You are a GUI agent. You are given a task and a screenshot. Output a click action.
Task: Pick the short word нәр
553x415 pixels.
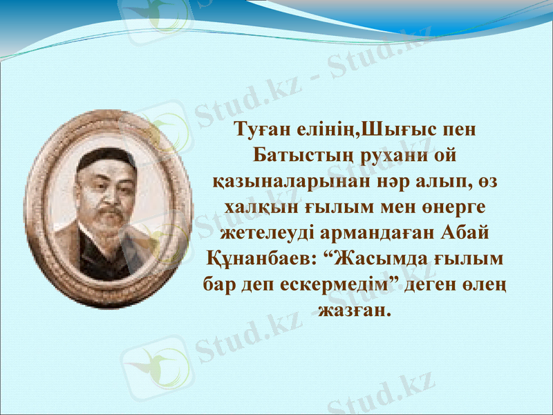tap(377, 181)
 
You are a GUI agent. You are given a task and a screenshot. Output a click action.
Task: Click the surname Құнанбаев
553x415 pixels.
tap(260, 259)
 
